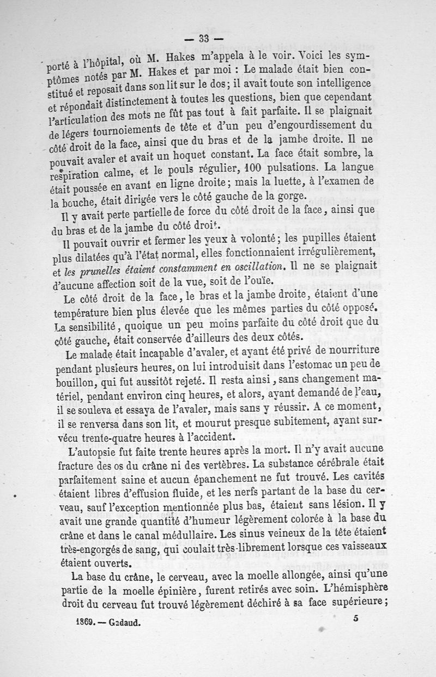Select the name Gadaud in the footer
point(124,621)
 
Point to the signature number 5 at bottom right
point(355,619)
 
